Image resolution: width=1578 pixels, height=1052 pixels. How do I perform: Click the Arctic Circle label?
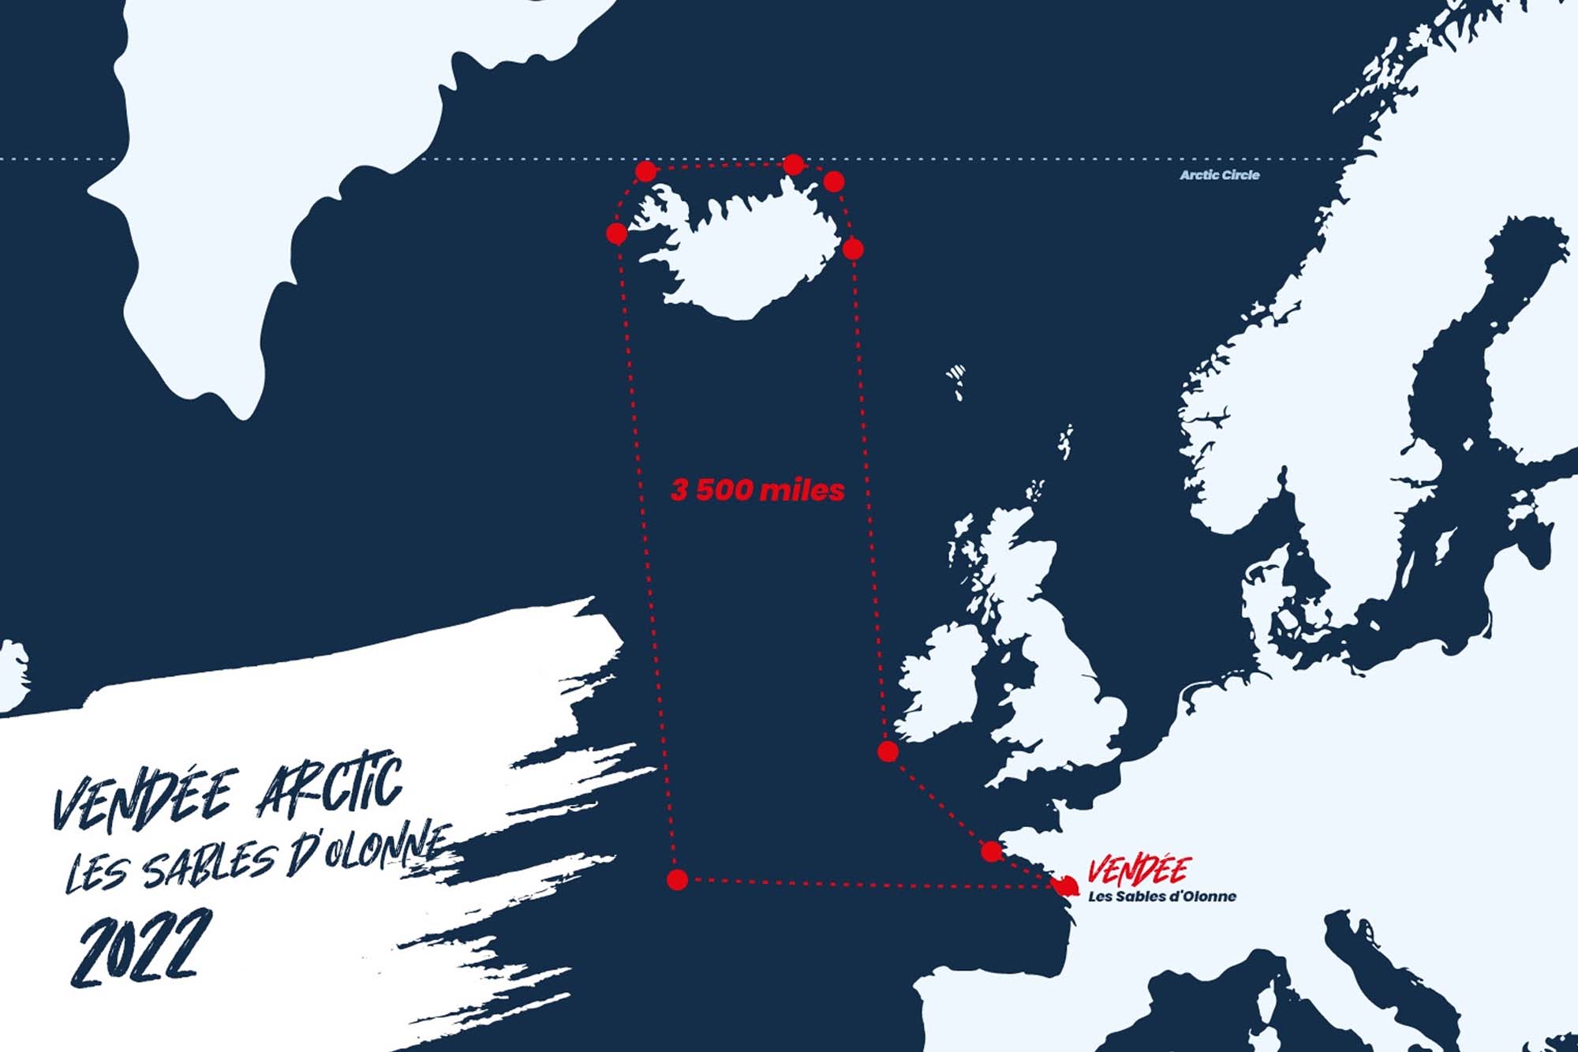(1219, 175)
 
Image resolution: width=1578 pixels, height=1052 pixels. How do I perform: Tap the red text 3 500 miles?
(757, 490)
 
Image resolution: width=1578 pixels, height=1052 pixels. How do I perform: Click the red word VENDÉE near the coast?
(1139, 870)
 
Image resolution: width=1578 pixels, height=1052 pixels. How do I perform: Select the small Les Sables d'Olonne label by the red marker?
(1162, 897)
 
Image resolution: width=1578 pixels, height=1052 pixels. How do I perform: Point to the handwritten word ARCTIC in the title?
(330, 789)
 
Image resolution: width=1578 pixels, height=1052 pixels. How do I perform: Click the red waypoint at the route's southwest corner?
(677, 880)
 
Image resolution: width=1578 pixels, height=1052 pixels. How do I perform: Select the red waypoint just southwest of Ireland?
(888, 751)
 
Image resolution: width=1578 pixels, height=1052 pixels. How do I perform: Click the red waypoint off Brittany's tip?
(992, 852)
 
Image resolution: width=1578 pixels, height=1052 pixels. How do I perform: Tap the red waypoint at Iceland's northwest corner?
(645, 171)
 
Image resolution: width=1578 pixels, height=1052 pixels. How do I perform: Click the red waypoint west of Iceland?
(617, 234)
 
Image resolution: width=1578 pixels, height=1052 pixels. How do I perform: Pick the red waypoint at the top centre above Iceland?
(793, 164)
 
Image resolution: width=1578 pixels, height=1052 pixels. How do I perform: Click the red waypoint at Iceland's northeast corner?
(834, 182)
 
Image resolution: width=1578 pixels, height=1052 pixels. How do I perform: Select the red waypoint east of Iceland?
(853, 249)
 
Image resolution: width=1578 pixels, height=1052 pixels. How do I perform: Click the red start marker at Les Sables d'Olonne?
(1065, 886)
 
